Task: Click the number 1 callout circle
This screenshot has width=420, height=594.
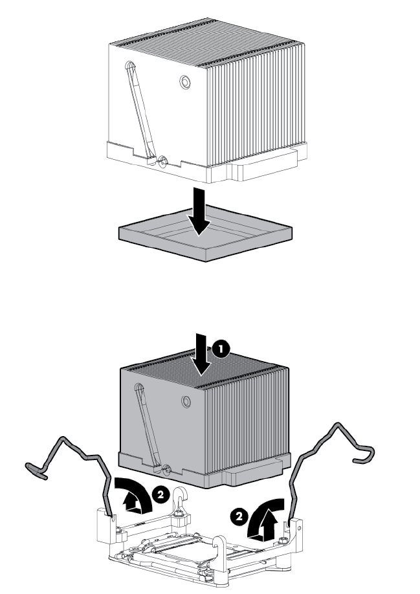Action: pos(221,349)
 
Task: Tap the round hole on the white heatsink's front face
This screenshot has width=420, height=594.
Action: pos(186,82)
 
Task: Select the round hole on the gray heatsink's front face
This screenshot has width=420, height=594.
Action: pos(186,402)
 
